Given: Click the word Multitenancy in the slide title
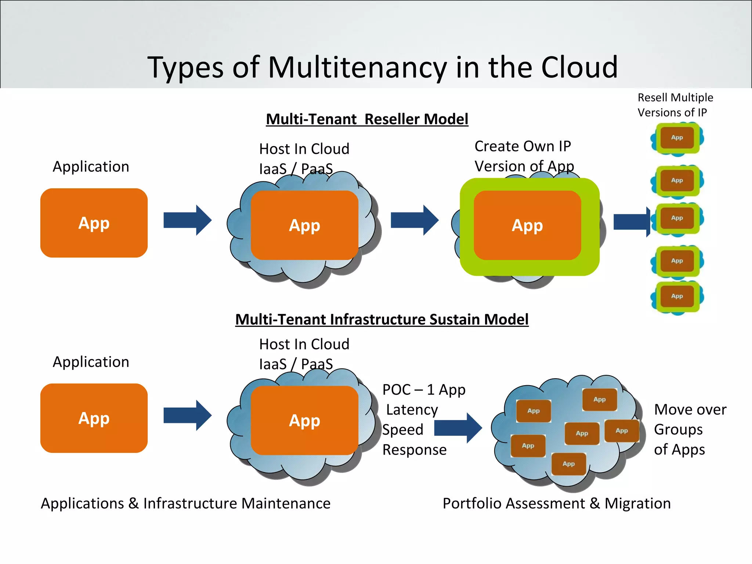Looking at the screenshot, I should (x=357, y=68).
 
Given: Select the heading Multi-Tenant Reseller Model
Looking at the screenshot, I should (x=367, y=119).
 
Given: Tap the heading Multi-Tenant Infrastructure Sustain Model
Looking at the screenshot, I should (x=382, y=319).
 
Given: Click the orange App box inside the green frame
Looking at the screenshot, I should (x=527, y=225).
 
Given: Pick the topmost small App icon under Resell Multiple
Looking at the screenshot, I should (x=677, y=138).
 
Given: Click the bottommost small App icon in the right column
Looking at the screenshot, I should (x=677, y=296).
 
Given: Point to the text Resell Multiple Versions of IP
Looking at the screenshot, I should (x=675, y=105).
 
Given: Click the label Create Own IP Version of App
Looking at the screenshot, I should (x=524, y=156).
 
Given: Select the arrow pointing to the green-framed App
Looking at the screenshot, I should (x=414, y=220).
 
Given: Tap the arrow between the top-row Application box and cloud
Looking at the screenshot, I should (x=187, y=220).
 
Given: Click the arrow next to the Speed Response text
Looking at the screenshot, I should (x=458, y=428).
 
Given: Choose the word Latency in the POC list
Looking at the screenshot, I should (x=412, y=410).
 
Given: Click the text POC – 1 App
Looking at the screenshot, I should (x=424, y=390).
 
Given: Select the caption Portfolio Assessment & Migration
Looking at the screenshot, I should (x=556, y=503).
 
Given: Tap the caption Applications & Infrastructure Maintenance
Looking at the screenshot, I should (x=185, y=503).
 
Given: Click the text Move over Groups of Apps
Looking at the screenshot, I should (x=690, y=430).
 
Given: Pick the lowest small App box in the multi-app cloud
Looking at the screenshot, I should (x=568, y=464).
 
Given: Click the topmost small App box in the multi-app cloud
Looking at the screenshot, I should (x=599, y=399).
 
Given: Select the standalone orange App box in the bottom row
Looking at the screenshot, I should (x=94, y=418).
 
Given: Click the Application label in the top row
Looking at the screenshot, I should (x=91, y=167).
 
